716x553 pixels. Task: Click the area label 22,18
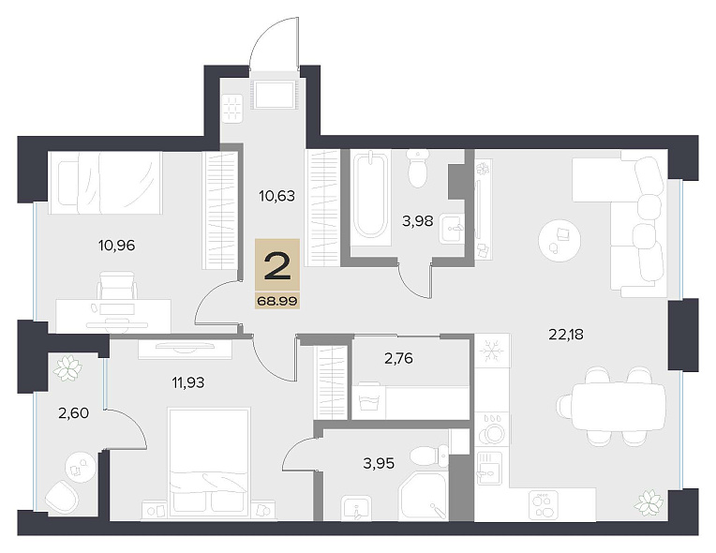coord(566,335)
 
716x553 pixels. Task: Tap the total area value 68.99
coord(277,301)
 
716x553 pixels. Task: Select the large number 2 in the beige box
coord(277,267)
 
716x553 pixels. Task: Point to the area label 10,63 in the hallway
coord(276,196)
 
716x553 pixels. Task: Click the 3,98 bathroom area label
coord(417,221)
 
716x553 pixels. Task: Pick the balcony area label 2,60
coord(73,413)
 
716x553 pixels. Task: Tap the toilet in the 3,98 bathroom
coord(418,168)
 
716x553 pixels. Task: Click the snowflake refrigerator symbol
coord(492,350)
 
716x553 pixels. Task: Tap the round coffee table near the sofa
coord(559,240)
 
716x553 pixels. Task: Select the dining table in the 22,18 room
coord(619,407)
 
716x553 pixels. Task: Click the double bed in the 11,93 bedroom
coord(209,463)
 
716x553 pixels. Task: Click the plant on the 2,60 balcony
coord(67,368)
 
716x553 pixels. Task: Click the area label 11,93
coord(188,382)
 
